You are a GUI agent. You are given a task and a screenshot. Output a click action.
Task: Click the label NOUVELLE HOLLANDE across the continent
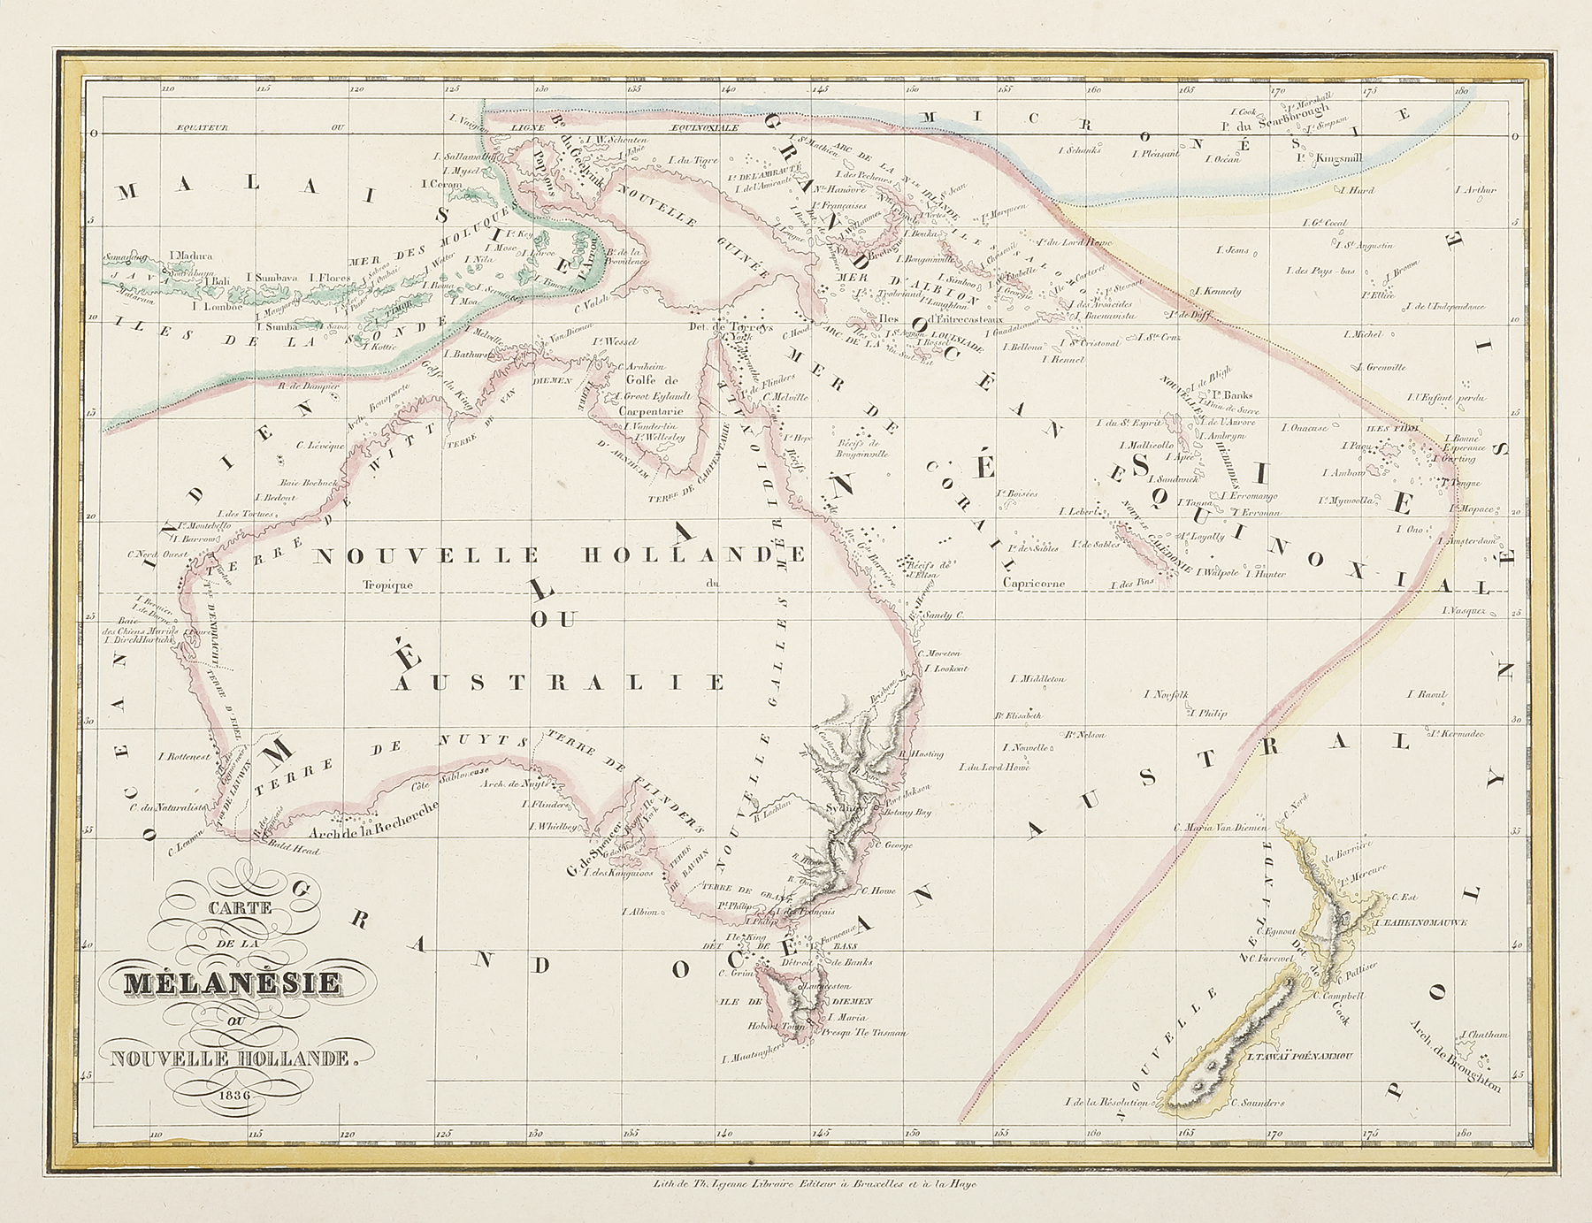tap(559, 555)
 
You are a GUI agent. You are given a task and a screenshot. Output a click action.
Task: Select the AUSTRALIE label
tap(562, 683)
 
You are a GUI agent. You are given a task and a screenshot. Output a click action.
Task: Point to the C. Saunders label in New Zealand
tap(1258, 1103)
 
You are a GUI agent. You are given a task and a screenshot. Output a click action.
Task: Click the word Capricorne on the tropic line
tap(1034, 584)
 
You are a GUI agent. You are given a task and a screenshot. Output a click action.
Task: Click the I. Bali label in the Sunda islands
tap(218, 276)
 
